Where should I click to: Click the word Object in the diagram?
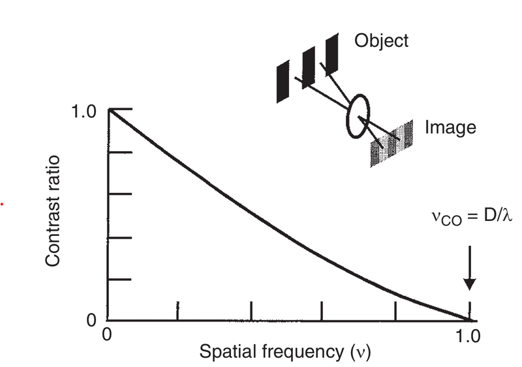tap(381, 40)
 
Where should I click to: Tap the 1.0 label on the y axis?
tap(84, 110)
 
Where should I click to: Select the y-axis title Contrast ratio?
tap(54, 211)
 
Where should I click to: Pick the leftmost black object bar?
tap(283, 81)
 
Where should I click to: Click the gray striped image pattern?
tap(391, 143)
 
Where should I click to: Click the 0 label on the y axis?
tap(92, 320)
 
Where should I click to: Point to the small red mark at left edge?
tap(3, 204)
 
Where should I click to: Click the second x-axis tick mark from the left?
tap(251, 311)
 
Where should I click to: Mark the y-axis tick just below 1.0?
tap(120, 152)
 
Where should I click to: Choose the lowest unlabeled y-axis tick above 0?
tap(120, 280)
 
